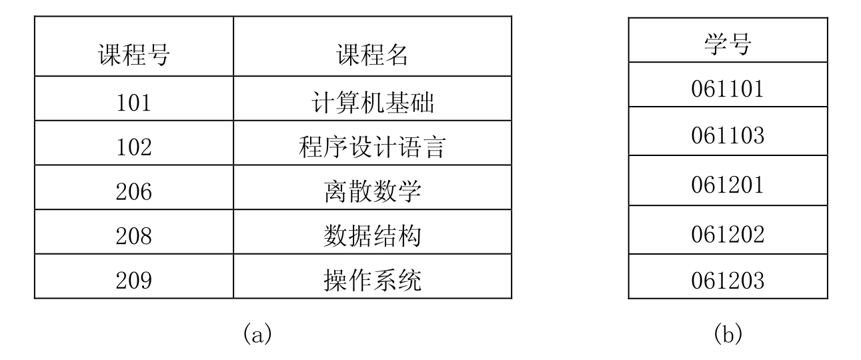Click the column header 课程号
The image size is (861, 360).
click(134, 55)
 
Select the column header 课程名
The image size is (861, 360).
click(372, 55)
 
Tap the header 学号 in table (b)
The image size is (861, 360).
click(728, 44)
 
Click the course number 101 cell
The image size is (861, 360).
click(134, 103)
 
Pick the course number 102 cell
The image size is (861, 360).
click(134, 147)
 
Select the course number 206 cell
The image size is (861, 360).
click(134, 192)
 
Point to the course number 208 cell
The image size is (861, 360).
click(134, 236)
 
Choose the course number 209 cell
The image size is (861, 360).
click(134, 281)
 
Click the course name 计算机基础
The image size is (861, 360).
click(372, 103)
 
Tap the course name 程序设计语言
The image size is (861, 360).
click(372, 147)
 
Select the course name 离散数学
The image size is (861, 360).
click(372, 191)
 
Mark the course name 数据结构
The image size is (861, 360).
click(372, 235)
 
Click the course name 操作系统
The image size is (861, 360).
click(372, 280)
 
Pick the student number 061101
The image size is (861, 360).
click(728, 89)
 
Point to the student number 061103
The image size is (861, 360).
click(728, 135)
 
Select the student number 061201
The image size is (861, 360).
click(728, 185)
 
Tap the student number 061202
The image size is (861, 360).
click(728, 235)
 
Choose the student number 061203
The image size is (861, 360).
click(728, 281)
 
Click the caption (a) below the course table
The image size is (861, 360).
click(257, 333)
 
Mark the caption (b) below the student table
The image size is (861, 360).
click(728, 333)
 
